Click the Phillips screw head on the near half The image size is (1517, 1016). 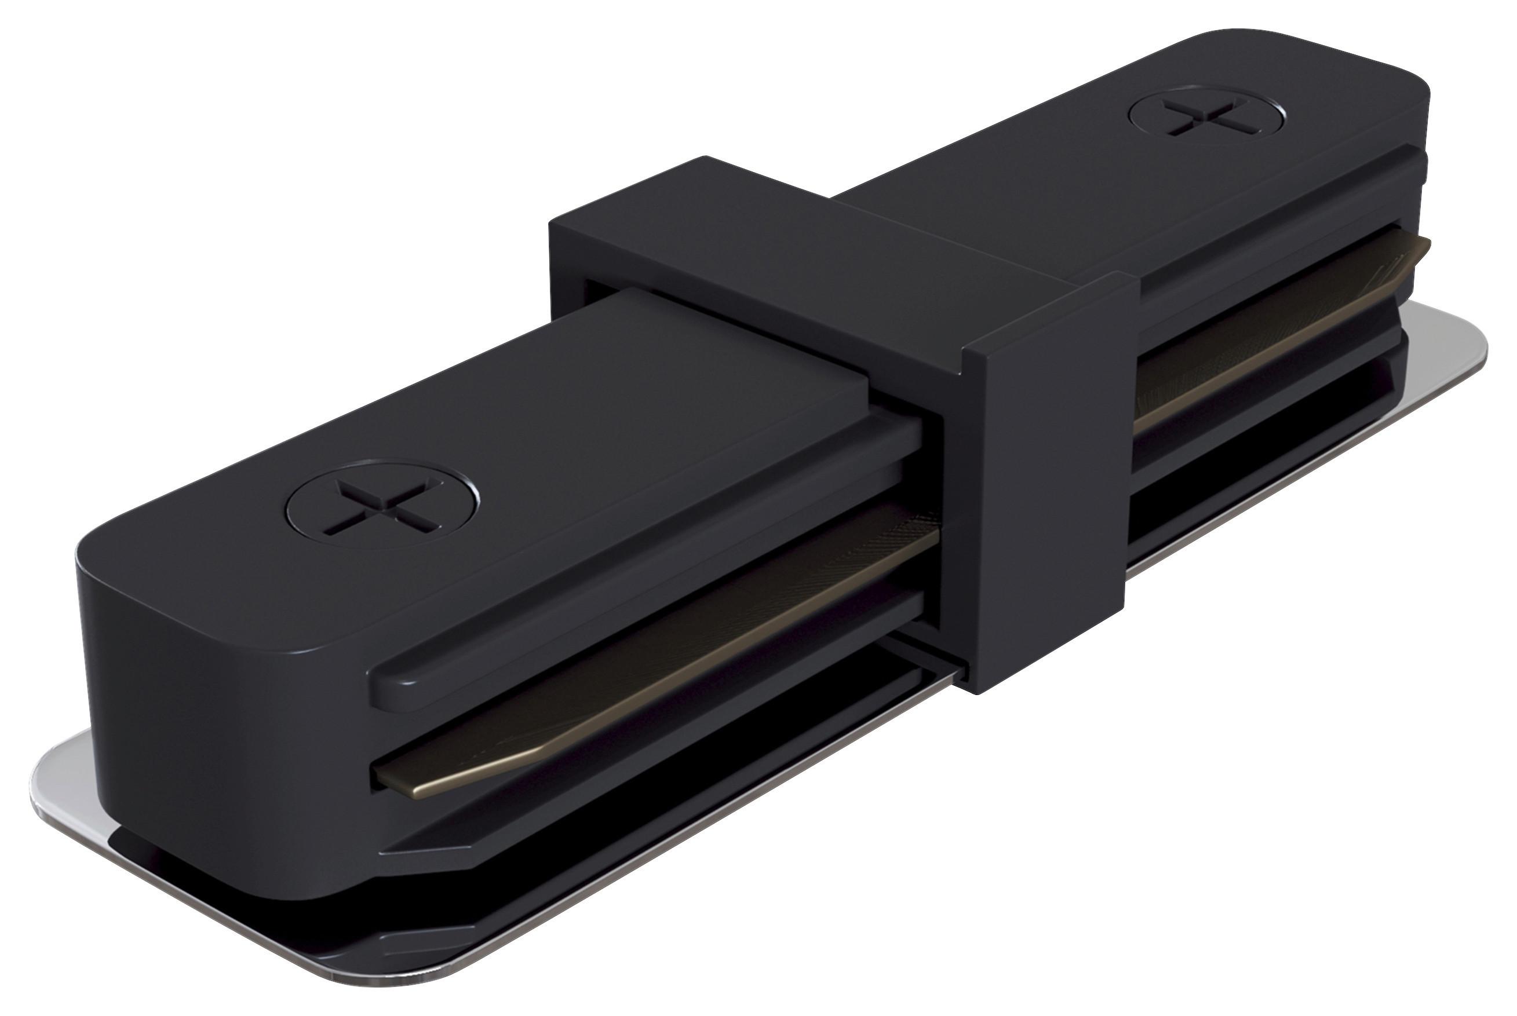tap(382, 504)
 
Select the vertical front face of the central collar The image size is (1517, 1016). tap(1050, 480)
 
